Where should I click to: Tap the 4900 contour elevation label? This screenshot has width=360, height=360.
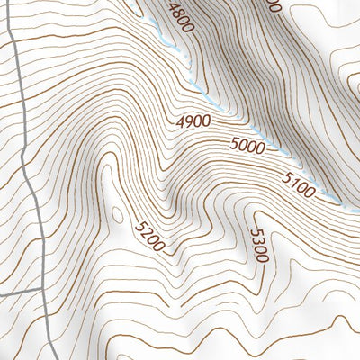point(193,121)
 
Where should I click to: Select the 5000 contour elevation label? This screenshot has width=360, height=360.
point(247,145)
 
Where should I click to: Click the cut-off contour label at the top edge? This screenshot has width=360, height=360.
point(274,5)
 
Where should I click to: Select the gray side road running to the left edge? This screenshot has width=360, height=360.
point(18,292)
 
